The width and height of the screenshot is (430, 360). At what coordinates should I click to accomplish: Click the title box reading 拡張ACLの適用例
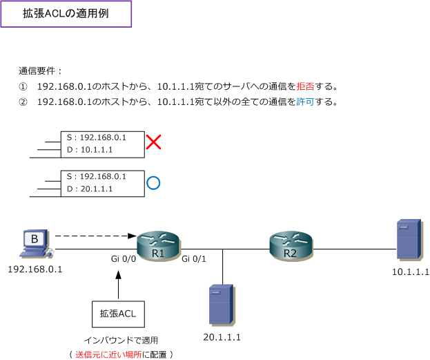pos(66,14)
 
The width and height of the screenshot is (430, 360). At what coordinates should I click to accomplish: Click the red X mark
pos(153,142)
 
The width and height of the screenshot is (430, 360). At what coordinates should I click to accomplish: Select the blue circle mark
pos(153,183)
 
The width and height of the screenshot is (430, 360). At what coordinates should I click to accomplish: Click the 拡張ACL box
pos(118,314)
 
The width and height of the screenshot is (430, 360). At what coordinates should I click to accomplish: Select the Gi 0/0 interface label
pos(124,258)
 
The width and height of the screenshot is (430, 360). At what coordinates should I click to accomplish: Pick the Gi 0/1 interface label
pos(194,258)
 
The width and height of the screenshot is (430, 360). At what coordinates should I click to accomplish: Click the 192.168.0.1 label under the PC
pos(35,269)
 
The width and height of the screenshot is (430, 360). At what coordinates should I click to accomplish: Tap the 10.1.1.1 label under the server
pos(410,272)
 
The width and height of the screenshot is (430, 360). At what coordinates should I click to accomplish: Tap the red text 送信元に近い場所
pos(108,354)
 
